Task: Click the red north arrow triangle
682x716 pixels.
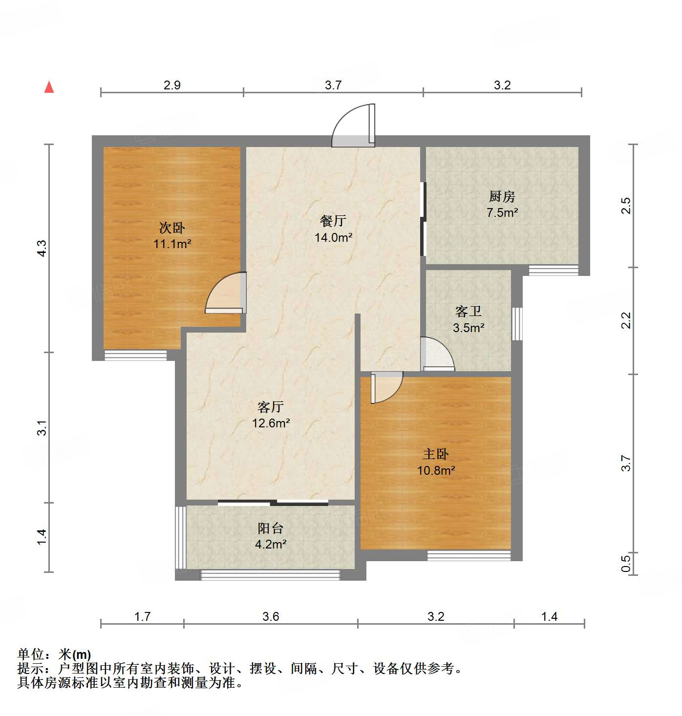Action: (x=49, y=87)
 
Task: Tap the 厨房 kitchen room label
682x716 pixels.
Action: (x=502, y=197)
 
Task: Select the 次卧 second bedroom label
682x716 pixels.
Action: (x=172, y=228)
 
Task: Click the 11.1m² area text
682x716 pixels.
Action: (x=172, y=244)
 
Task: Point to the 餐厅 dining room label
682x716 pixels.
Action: (x=333, y=221)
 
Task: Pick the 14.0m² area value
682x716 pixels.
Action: (x=333, y=238)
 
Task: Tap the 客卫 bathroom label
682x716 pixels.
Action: (x=468, y=312)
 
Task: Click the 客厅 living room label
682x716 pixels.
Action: (x=271, y=407)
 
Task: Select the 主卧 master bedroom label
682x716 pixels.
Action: (x=436, y=454)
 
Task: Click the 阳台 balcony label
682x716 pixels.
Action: (x=270, y=528)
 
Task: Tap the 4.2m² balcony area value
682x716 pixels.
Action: (x=270, y=544)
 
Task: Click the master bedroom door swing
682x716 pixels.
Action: (x=386, y=387)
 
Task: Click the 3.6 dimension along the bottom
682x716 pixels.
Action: (x=271, y=616)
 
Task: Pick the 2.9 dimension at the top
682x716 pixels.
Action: (x=172, y=85)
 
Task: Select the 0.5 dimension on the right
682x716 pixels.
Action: (x=626, y=563)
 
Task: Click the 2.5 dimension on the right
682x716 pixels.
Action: (x=626, y=206)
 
